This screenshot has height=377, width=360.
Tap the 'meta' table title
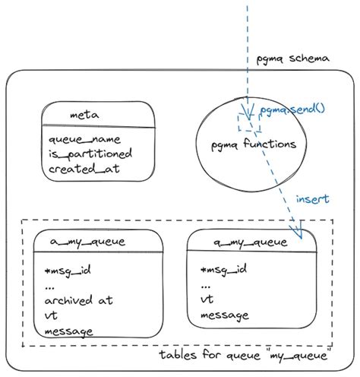(81, 115)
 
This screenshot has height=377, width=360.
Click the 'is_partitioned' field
(90, 154)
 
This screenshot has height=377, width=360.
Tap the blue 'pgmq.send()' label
(292, 109)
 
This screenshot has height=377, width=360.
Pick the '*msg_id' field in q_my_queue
(223, 270)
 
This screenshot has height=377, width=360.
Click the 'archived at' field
(79, 300)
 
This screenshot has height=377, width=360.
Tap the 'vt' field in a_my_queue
(52, 315)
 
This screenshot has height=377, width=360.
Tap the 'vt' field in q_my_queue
(206, 300)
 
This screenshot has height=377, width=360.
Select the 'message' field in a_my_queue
(69, 331)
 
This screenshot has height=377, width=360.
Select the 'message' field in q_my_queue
(224, 315)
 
